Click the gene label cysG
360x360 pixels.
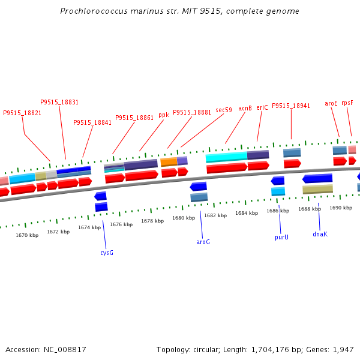[107, 253]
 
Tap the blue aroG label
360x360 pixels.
[203, 242]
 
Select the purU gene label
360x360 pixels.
[281, 237]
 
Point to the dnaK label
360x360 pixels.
[320, 234]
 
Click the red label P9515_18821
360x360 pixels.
[22, 113]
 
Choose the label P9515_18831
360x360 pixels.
[59, 102]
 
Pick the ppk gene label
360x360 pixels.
[164, 115]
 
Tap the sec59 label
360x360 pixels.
[224, 110]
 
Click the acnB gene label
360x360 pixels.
[245, 108]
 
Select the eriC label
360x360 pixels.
[262, 107]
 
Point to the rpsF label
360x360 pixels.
[347, 103]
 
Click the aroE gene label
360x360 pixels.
[331, 104]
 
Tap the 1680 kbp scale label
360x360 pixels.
[184, 218]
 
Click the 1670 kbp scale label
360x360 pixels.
[27, 235]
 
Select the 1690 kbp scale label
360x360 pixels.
[341, 208]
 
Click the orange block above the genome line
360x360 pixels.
[169, 162]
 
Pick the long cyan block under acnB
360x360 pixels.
[226, 157]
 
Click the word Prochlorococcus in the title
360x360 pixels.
[94, 11]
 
